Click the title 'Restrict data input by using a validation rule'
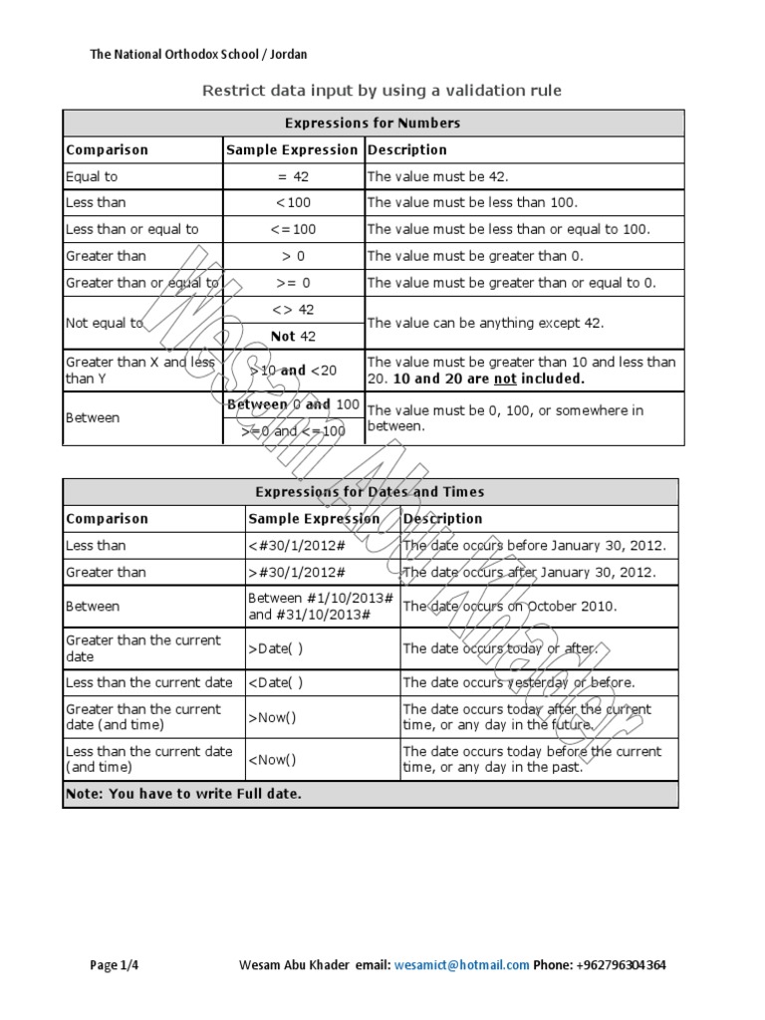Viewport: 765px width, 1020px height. (x=382, y=91)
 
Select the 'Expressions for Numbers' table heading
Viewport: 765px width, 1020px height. (x=373, y=124)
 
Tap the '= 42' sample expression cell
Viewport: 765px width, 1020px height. (x=293, y=176)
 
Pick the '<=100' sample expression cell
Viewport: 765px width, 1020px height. (x=293, y=229)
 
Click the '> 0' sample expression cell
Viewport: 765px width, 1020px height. (x=293, y=256)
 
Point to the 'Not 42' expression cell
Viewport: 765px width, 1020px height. (x=293, y=337)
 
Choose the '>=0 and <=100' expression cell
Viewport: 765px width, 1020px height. (x=293, y=431)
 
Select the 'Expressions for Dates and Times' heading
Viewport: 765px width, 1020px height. (x=370, y=492)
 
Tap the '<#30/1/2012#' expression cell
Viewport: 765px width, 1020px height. (x=297, y=546)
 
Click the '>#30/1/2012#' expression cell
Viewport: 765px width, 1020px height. (x=297, y=573)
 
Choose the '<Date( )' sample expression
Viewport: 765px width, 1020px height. (x=275, y=683)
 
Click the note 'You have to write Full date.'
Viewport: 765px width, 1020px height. (x=183, y=794)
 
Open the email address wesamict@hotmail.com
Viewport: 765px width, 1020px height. (x=461, y=965)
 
